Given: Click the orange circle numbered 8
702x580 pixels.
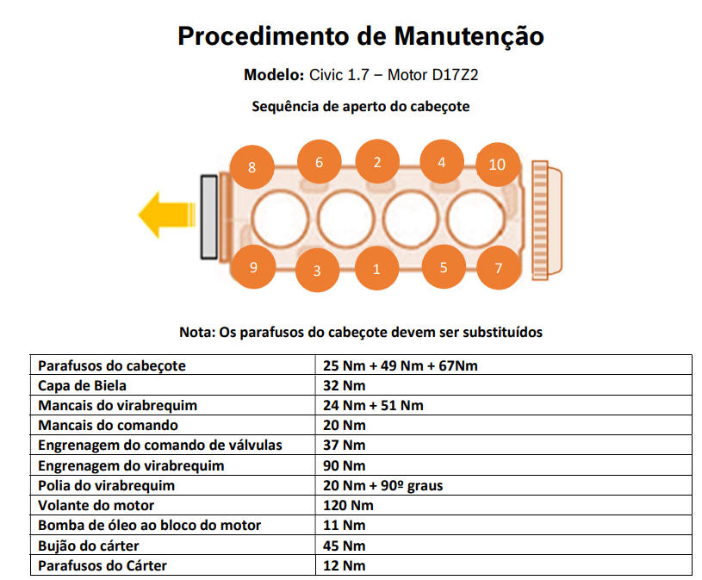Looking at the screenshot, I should [252, 167].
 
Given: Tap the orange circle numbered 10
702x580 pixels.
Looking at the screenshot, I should [497, 164].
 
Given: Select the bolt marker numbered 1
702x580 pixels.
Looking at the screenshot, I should [376, 269].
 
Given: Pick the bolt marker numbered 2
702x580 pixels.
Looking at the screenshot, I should [377, 161].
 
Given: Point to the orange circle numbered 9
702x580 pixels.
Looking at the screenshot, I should [253, 267].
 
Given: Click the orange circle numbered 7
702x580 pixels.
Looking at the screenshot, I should [498, 267].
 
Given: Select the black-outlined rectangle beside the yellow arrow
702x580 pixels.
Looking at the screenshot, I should [208, 216].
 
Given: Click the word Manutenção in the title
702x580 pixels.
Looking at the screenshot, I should [469, 36].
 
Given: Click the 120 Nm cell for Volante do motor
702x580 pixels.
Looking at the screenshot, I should [348, 505].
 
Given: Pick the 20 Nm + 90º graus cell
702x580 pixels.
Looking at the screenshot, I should [382, 485].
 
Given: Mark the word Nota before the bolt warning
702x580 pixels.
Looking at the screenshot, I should [196, 332].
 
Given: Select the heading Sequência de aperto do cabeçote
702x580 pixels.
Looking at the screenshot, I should [360, 107].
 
